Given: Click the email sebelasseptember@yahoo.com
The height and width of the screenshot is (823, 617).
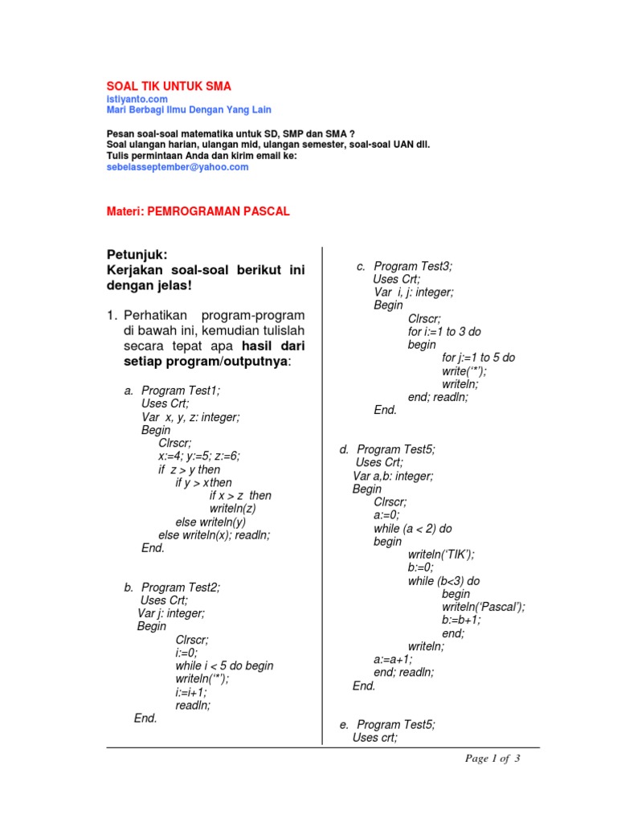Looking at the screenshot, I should (x=178, y=167).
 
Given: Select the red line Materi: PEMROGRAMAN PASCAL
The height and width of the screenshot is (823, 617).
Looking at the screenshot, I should (x=198, y=211).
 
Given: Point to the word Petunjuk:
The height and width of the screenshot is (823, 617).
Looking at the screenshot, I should (x=137, y=255).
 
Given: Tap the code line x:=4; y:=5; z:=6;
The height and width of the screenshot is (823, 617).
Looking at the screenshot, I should (x=199, y=456).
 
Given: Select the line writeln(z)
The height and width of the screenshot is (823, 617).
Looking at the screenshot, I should (x=233, y=509).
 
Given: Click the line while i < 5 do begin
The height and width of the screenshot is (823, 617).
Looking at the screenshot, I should (x=224, y=665).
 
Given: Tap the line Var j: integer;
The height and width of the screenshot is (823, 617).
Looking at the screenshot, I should (x=171, y=613).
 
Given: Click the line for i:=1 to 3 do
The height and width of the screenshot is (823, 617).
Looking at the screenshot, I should (x=444, y=331).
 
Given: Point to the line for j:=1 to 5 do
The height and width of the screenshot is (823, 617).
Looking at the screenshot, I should (x=479, y=357).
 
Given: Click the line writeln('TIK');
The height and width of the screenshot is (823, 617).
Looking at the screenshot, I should (x=441, y=555).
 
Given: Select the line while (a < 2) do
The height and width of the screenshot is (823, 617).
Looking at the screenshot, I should (x=413, y=528).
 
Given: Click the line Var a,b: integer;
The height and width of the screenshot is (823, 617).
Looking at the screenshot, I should (x=393, y=476).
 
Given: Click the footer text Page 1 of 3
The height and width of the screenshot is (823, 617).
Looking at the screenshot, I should (x=493, y=758).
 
